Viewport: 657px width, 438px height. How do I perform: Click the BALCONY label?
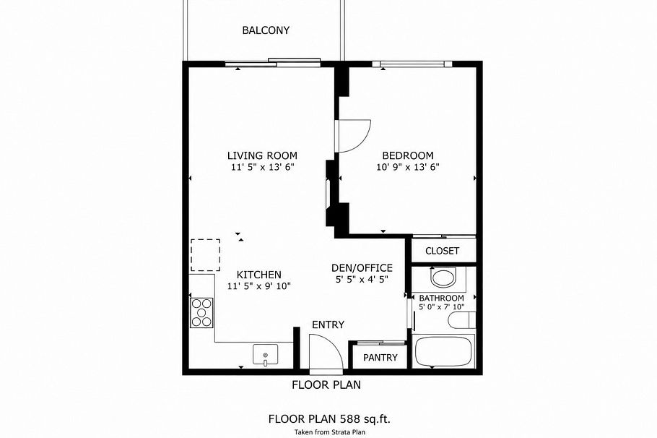point(266,30)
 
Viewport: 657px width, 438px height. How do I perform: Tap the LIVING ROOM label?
point(262,155)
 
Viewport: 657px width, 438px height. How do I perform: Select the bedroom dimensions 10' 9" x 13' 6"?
point(408,167)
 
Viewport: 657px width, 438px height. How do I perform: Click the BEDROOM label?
point(408,155)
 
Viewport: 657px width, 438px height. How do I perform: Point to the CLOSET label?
point(442,251)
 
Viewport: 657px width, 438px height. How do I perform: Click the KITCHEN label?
point(259,275)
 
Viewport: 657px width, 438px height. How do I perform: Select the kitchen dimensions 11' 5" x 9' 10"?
point(259,286)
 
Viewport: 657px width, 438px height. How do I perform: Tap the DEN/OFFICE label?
point(362,267)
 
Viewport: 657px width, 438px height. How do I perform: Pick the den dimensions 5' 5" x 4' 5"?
point(362,279)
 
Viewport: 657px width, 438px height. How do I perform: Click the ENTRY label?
point(328,325)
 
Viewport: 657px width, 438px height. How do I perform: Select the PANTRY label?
point(380,357)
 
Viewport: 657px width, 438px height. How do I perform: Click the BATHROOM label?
point(442,298)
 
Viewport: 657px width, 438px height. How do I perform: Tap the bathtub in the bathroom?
point(443,352)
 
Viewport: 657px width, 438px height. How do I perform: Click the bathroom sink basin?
point(443,278)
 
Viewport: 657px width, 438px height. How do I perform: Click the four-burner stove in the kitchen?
point(201,312)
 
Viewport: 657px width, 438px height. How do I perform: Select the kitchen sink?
point(266,355)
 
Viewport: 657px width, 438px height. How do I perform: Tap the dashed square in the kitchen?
point(205,254)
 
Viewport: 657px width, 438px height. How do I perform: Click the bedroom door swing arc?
point(355,137)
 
